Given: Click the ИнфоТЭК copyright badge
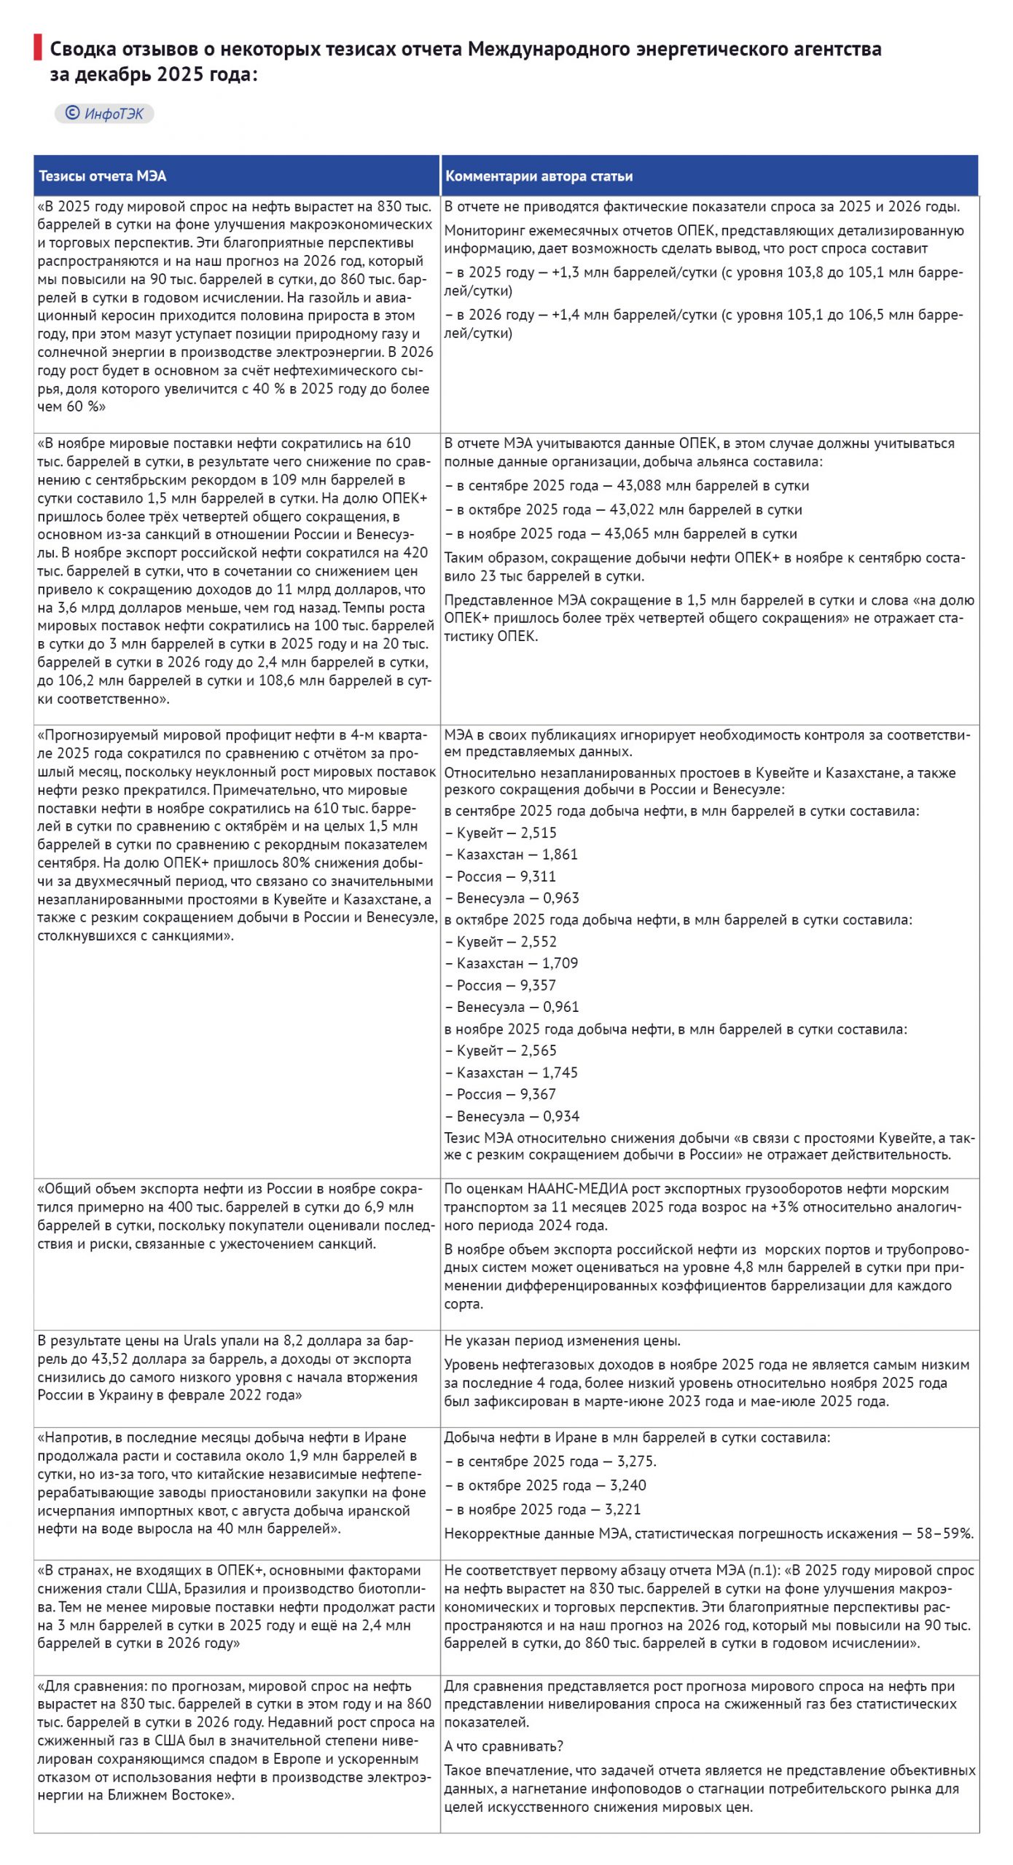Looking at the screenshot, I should point(104,114).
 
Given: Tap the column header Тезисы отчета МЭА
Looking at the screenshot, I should point(102,176).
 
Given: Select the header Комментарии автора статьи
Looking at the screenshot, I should point(539,176).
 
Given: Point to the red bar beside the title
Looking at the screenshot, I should point(37,47).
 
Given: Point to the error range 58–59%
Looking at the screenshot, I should point(944,1534).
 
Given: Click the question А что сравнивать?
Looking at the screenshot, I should point(504,1746).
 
